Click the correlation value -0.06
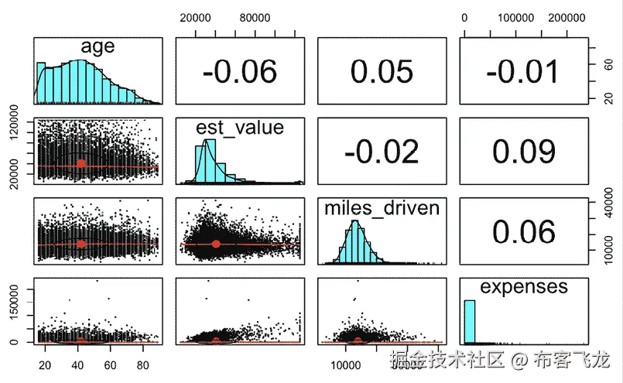tap(239, 71)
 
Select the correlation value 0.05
tap(382, 71)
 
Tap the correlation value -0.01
tap(522, 71)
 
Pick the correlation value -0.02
tap(382, 152)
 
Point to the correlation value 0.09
tap(522, 152)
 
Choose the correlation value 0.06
tap(522, 231)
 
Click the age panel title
tap(98, 46)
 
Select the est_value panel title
tap(239, 127)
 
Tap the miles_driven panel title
tap(382, 207)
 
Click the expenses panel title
tap(523, 287)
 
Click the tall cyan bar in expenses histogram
tap(469, 321)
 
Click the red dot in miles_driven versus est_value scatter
tap(216, 245)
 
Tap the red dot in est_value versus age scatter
tap(81, 164)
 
